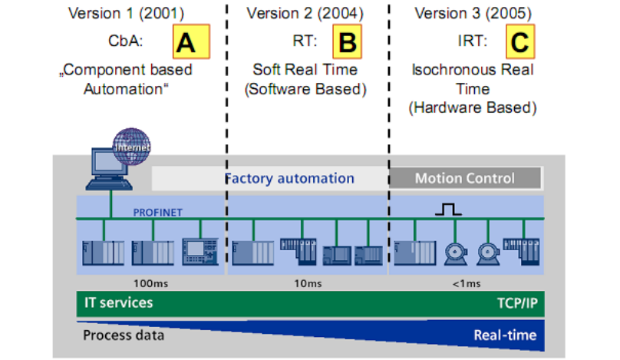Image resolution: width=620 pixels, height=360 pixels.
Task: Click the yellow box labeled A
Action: tap(191, 41)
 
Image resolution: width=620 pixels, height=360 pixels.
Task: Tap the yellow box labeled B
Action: tap(347, 41)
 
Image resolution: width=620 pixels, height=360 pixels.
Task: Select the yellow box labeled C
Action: tap(520, 41)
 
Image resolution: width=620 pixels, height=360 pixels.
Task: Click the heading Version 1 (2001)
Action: tap(126, 13)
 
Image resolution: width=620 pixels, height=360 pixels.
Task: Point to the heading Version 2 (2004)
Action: tap(305, 13)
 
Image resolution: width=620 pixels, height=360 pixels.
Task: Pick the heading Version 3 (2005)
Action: tap(473, 13)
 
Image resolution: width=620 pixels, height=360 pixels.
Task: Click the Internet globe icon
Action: tap(132, 147)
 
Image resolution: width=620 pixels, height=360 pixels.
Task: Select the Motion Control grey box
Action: tap(465, 178)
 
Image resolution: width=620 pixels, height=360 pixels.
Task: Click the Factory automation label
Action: tap(289, 178)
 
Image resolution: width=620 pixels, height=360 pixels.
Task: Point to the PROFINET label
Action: tap(157, 213)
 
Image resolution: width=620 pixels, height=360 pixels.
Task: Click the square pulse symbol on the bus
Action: tap(448, 210)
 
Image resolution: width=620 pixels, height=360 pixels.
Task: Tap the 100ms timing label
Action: tap(150, 283)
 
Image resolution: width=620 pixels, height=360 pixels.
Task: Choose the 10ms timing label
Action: tap(308, 283)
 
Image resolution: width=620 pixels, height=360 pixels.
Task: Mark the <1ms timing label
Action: tap(467, 283)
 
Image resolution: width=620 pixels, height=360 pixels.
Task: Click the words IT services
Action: tap(118, 302)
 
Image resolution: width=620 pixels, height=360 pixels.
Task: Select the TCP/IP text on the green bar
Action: tap(517, 303)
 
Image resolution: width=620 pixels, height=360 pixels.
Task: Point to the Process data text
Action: tap(124, 335)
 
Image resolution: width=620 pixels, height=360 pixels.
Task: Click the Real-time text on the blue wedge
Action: tap(505, 335)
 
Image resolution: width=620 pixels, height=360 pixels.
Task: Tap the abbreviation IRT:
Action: tap(473, 41)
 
